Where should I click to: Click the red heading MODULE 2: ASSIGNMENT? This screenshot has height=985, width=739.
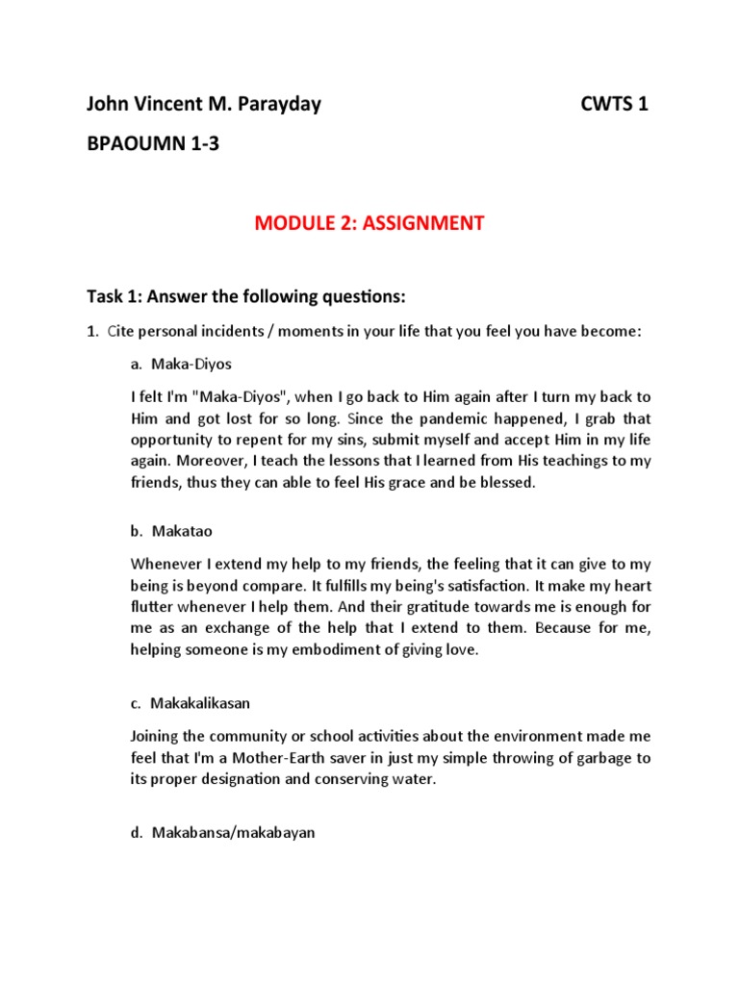point(369,224)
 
